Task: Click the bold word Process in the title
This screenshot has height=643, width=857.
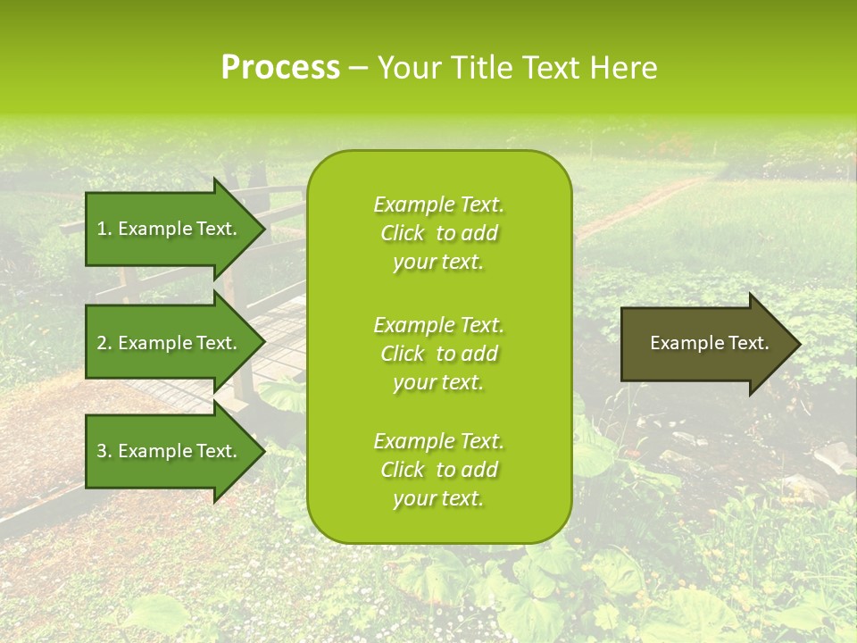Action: point(280,68)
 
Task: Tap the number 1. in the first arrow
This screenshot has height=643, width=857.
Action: point(104,229)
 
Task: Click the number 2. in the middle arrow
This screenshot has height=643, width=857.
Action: point(104,343)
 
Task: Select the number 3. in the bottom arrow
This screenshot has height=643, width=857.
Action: point(104,451)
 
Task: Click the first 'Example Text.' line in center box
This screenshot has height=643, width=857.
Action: point(438,205)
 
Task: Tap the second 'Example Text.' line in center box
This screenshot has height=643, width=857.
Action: point(438,325)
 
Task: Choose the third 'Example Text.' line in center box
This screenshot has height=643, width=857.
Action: point(438,441)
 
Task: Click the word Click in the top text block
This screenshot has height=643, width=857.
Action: point(403,233)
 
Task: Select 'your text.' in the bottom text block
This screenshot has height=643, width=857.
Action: point(438,498)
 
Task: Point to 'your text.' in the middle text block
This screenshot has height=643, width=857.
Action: point(438,382)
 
